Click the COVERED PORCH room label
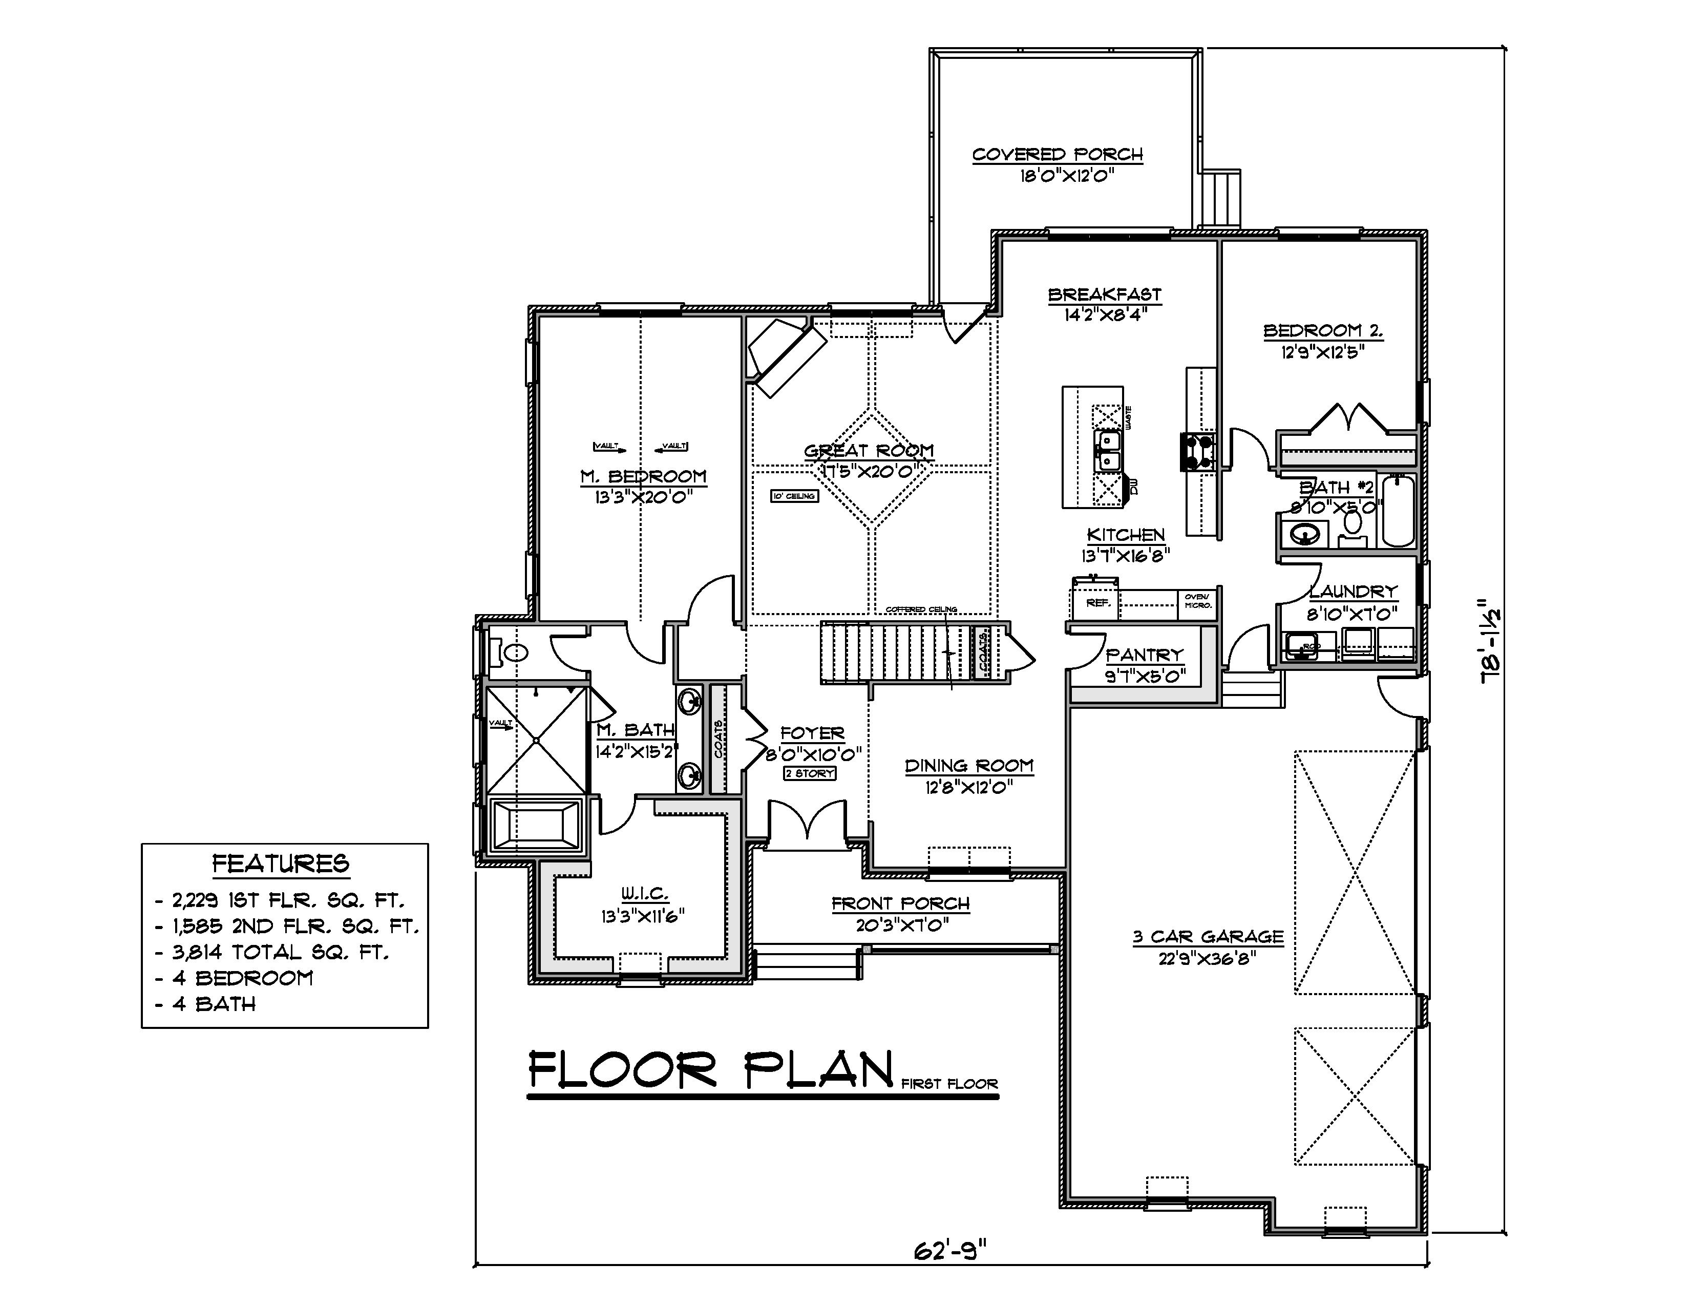click(1057, 155)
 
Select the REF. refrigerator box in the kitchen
click(1096, 601)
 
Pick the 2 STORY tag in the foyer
click(809, 773)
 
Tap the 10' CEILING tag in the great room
click(794, 496)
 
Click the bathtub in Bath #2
click(1398, 512)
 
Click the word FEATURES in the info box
click(281, 863)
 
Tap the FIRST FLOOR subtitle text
click(949, 1084)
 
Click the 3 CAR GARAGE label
click(1208, 937)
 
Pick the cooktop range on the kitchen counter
click(1197, 452)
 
